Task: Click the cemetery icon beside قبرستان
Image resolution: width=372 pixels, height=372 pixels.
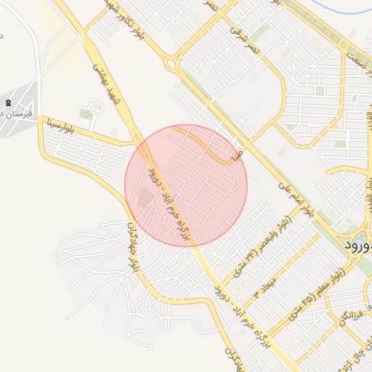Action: click(x=8, y=103)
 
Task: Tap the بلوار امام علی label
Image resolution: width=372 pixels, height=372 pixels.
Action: click(x=296, y=198)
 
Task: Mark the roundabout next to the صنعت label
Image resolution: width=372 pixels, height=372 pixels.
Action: click(x=344, y=44)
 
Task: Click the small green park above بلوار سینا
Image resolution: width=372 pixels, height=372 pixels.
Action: click(x=86, y=113)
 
